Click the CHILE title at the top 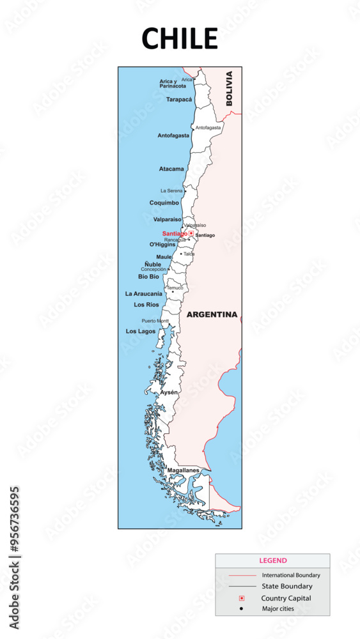(180, 39)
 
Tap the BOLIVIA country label (230, 88)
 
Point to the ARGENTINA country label (212, 314)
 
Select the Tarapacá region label (179, 100)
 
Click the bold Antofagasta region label (173, 135)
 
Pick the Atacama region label (171, 169)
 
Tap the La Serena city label (171, 190)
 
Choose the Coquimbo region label (164, 203)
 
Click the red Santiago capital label (175, 233)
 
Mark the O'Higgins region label (162, 244)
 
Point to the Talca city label (189, 254)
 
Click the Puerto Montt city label (155, 320)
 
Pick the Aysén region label (169, 392)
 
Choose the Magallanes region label (183, 470)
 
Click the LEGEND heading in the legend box (273, 560)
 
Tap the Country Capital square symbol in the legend (242, 598)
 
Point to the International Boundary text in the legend (291, 575)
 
